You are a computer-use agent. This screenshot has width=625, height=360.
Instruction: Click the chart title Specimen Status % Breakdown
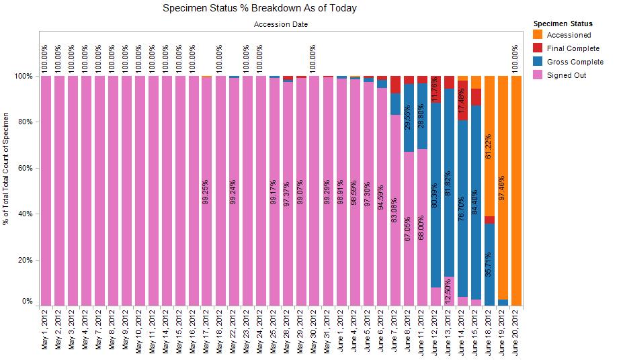259,9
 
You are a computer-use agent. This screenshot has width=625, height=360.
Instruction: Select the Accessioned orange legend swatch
537,35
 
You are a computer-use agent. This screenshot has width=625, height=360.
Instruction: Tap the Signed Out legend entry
567,75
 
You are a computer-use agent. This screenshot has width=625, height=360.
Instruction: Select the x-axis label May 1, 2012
46,333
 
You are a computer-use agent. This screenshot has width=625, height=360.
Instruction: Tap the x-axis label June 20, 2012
516,333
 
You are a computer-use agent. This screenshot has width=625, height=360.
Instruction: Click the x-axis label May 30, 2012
315,333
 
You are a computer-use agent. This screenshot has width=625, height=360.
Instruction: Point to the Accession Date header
281,25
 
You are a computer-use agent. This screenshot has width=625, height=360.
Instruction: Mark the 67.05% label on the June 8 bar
409,229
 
